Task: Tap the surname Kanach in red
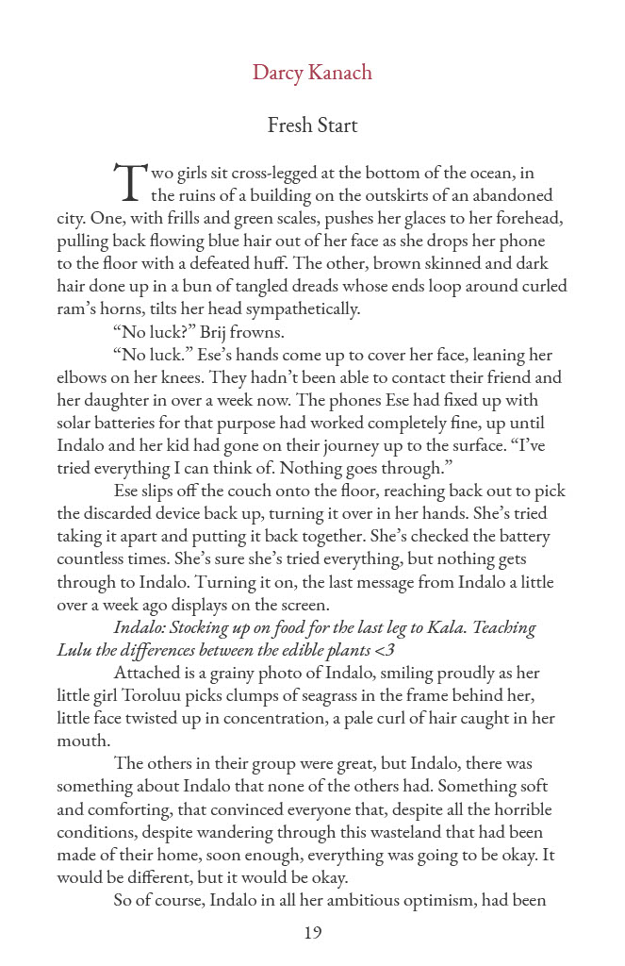coord(341,73)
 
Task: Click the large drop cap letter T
coord(129,182)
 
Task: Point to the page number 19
coord(313,933)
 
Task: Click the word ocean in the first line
coord(485,173)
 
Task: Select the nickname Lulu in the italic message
coord(74,650)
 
